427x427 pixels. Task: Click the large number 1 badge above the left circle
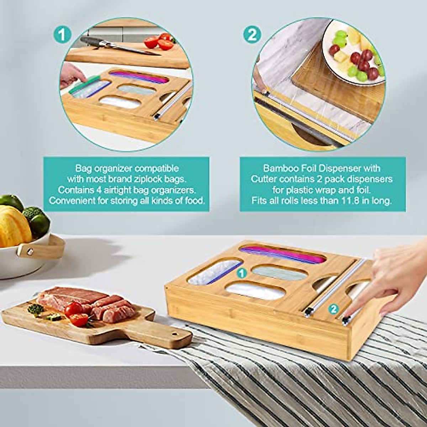click(x=62, y=35)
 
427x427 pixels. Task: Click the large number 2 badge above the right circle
click(x=252, y=35)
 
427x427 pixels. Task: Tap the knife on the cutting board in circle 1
click(x=117, y=46)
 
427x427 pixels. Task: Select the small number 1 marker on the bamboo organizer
click(x=242, y=273)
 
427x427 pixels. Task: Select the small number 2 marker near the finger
click(x=333, y=309)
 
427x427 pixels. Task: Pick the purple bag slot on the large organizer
click(x=283, y=254)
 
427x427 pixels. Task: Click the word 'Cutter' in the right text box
click(x=264, y=179)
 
